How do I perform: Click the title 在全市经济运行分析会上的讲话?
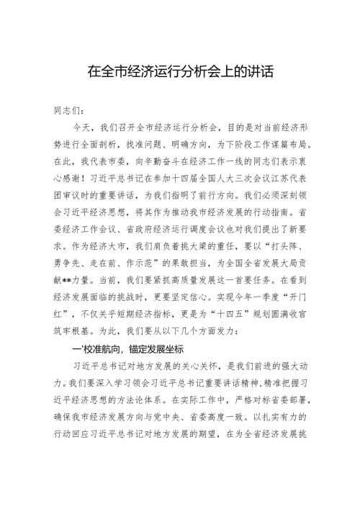[x=180, y=73]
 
